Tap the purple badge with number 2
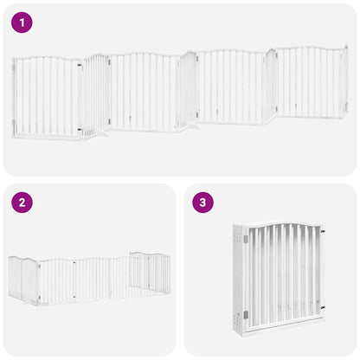(x=22, y=203)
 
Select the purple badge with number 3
(x=202, y=203)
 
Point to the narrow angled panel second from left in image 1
(x=97, y=93)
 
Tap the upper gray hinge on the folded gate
(x=245, y=238)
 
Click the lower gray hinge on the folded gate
(x=245, y=314)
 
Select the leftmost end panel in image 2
(x=23, y=278)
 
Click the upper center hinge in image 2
(x=75, y=264)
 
